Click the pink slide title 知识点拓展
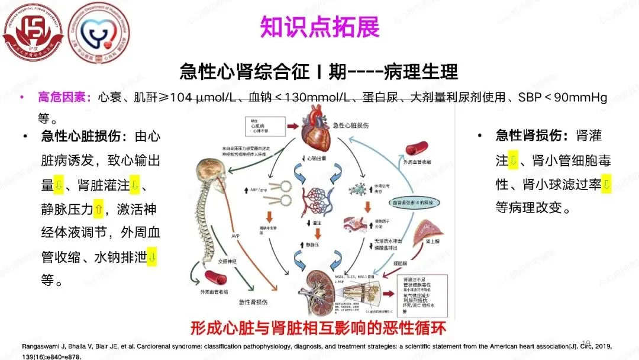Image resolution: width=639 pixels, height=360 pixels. point(319,27)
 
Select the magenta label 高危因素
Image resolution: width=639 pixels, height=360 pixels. point(64,98)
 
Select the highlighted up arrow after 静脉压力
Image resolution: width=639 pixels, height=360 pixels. point(99,209)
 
